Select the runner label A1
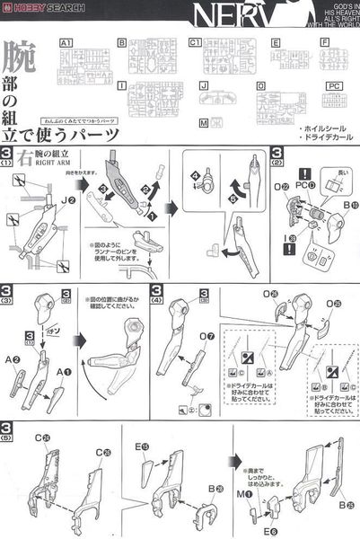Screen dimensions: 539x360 pyautogui.click(x=65, y=42)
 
